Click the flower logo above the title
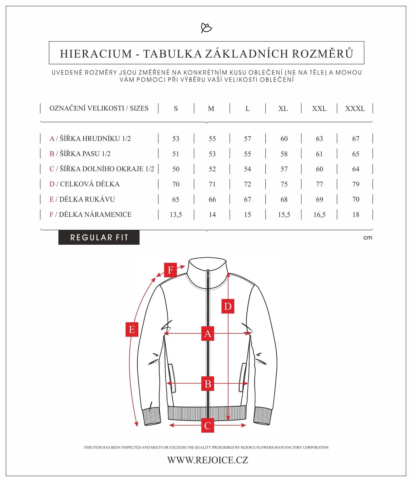(x=206, y=28)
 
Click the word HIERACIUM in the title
(x=96, y=54)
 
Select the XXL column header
(x=319, y=108)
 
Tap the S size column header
(x=176, y=108)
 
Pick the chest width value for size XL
(x=284, y=139)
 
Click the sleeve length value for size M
(x=212, y=199)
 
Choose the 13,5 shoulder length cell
(x=176, y=215)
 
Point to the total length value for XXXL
(x=356, y=184)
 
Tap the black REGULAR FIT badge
(x=99, y=237)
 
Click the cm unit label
(x=368, y=238)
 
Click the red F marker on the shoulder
(x=170, y=270)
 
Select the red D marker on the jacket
(x=228, y=306)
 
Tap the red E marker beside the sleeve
(x=132, y=329)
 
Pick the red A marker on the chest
(x=208, y=334)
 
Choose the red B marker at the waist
(x=208, y=384)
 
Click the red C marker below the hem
(x=208, y=425)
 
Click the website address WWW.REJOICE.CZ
(x=208, y=460)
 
